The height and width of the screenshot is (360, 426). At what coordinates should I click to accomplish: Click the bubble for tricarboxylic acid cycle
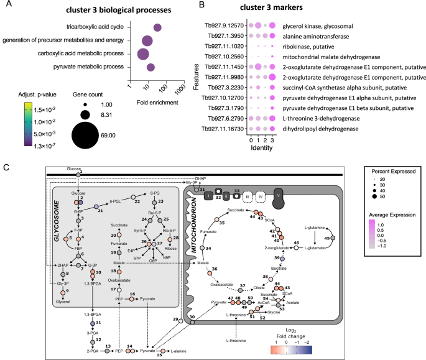pos(157,27)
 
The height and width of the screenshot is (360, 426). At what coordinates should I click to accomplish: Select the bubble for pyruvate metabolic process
pos(150,67)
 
